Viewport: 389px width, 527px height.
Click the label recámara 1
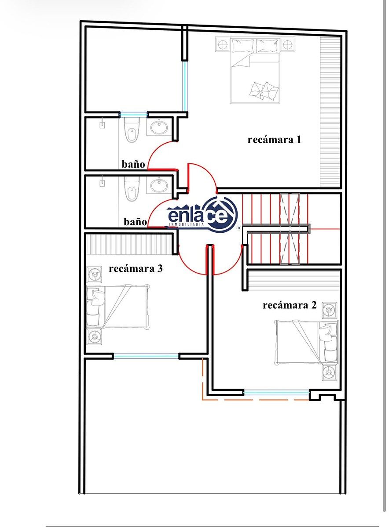[x=275, y=140]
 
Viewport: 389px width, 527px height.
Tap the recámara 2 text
[x=290, y=305]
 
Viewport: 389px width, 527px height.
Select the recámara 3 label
[x=136, y=268]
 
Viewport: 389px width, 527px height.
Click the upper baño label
[x=133, y=164]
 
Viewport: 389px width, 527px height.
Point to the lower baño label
[x=136, y=222]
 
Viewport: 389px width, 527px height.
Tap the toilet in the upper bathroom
[x=132, y=130]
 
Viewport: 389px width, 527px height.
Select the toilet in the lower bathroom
[x=132, y=189]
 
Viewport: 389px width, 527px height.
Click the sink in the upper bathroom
[x=159, y=127]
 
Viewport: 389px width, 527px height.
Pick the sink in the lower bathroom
[x=159, y=185]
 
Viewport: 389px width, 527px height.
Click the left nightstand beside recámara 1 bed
[x=222, y=45]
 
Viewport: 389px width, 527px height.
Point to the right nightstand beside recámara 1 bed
[x=288, y=45]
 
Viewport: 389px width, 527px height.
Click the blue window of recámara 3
[x=146, y=357]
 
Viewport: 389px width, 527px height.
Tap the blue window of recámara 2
[x=276, y=393]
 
